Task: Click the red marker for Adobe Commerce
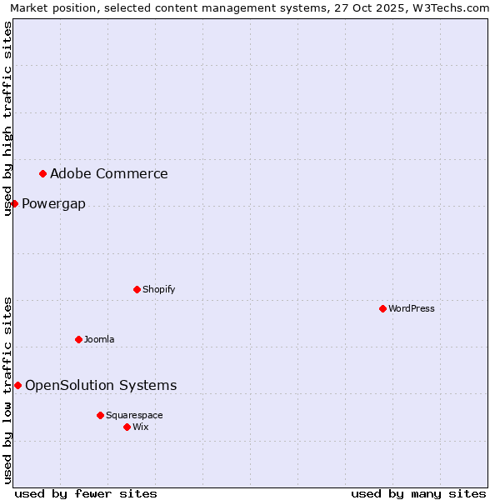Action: coord(42,173)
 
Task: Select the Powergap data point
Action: coord(14,203)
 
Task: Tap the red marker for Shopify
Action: coord(137,289)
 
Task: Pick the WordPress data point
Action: coord(382,308)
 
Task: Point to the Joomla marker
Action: coord(78,339)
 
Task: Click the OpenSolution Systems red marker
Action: coord(17,385)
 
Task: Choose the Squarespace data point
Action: coord(100,415)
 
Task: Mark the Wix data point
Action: coord(127,427)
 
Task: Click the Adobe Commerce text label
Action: coord(108,173)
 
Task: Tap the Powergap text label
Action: coord(53,204)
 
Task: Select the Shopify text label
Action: coord(158,289)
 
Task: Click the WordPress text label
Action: coord(411,308)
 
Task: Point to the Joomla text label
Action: coord(99,339)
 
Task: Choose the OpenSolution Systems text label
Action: coord(101,385)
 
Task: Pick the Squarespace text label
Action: coord(134,415)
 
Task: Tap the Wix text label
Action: coord(140,427)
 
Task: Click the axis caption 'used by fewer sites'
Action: coord(86,493)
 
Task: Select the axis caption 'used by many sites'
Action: coord(418,493)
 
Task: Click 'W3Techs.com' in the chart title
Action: coord(454,7)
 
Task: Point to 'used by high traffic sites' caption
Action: coord(7,118)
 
